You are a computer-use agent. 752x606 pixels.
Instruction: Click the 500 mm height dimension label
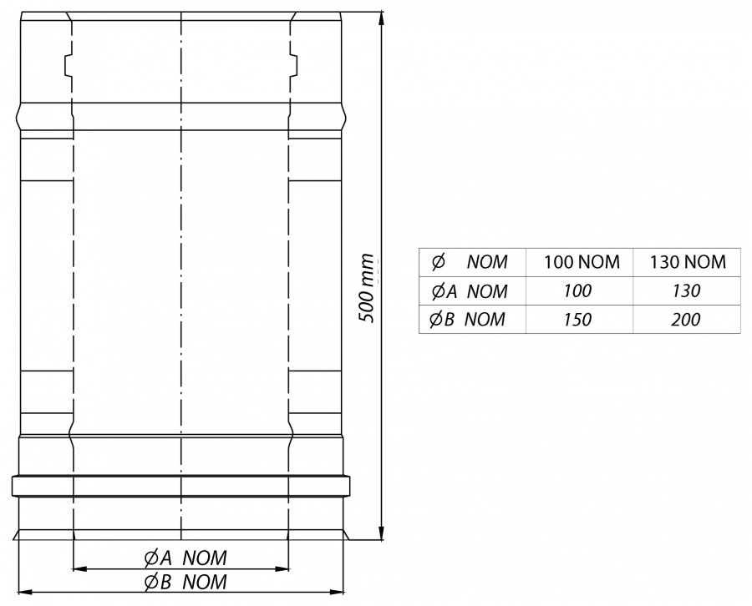point(367,288)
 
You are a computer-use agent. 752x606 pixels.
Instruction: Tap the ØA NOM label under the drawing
point(185,558)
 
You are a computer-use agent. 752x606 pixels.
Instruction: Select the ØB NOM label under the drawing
point(185,582)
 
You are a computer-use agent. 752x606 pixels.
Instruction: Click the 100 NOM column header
point(582,262)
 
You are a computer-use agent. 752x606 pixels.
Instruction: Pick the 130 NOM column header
point(688,262)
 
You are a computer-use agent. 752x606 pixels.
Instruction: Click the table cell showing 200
point(686,320)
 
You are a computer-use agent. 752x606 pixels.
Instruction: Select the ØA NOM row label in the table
point(469,291)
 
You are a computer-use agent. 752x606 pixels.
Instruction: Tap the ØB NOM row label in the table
point(467,319)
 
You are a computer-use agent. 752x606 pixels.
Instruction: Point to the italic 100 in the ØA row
point(577,290)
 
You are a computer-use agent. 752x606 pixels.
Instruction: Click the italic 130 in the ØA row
point(686,290)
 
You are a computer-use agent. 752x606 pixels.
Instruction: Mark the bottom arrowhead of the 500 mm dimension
point(382,533)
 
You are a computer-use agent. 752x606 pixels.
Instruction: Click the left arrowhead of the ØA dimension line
point(79,569)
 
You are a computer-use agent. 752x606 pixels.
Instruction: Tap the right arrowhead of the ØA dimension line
point(282,569)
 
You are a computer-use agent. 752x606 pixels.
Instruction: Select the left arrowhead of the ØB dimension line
point(25,593)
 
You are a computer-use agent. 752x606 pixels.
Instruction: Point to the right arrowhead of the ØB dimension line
point(338,593)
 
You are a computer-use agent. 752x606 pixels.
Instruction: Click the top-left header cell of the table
point(472,262)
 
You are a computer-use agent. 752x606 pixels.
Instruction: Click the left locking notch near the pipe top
point(69,66)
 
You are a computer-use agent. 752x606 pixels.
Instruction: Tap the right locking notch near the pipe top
point(293,66)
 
